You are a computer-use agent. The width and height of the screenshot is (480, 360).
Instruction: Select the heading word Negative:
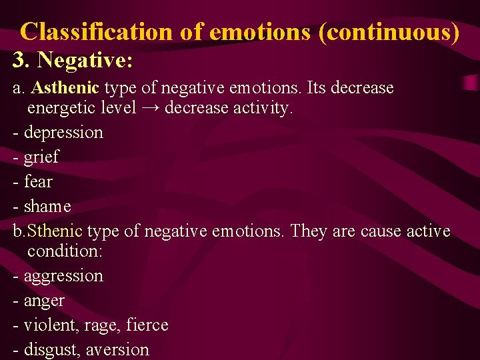pos(85,61)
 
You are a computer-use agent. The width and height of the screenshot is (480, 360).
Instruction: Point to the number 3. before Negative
pos(22,61)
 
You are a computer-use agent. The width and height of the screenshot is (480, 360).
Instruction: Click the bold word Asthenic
pos(65,88)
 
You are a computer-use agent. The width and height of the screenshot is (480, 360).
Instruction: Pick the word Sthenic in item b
pos(55,231)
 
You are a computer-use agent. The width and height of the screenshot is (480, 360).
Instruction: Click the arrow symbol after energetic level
pos(151,108)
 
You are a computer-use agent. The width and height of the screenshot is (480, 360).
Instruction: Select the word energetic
pos(63,108)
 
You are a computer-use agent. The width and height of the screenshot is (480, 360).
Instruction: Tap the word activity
pos(261,108)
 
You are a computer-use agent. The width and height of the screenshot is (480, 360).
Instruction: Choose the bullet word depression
pos(63,133)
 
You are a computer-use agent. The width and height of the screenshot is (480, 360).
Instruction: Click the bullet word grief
pos(41,157)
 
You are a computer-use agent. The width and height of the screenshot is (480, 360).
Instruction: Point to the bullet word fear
pos(38,181)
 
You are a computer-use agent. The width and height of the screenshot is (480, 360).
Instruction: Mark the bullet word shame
pos(47,207)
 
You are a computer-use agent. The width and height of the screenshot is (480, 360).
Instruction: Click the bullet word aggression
pos(63,276)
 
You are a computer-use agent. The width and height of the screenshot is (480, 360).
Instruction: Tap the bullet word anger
pos(44,301)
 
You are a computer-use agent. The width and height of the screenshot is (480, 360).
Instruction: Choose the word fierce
pos(146,325)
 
